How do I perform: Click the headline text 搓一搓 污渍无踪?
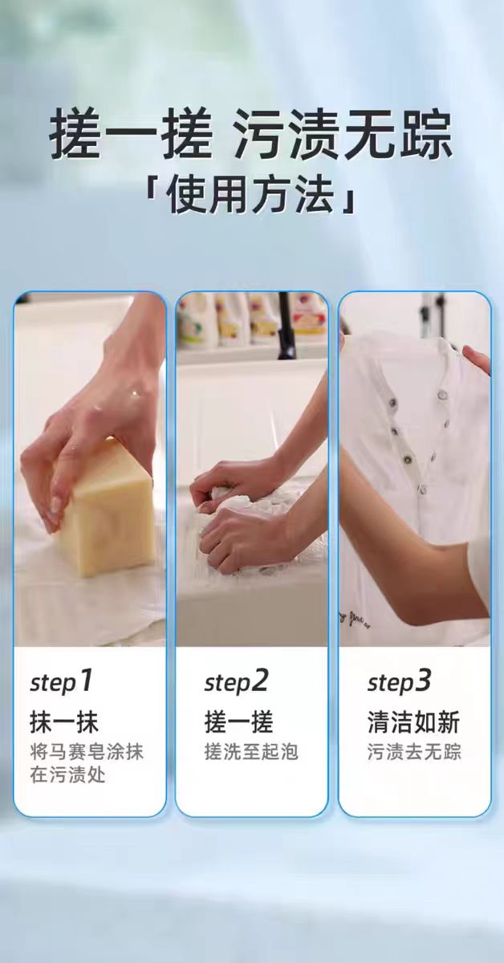pos(250,135)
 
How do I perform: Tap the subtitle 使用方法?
pos(250,194)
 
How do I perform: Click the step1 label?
pos(61,681)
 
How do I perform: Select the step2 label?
pos(236,681)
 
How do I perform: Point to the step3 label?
pos(399,681)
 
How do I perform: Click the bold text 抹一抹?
pos(64,721)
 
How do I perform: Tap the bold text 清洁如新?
pos(413,721)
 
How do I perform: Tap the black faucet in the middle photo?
pos(287,326)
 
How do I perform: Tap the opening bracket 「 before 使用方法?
pos(151,194)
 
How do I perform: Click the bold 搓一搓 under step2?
pos(238,721)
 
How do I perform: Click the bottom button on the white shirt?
pos(423,489)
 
